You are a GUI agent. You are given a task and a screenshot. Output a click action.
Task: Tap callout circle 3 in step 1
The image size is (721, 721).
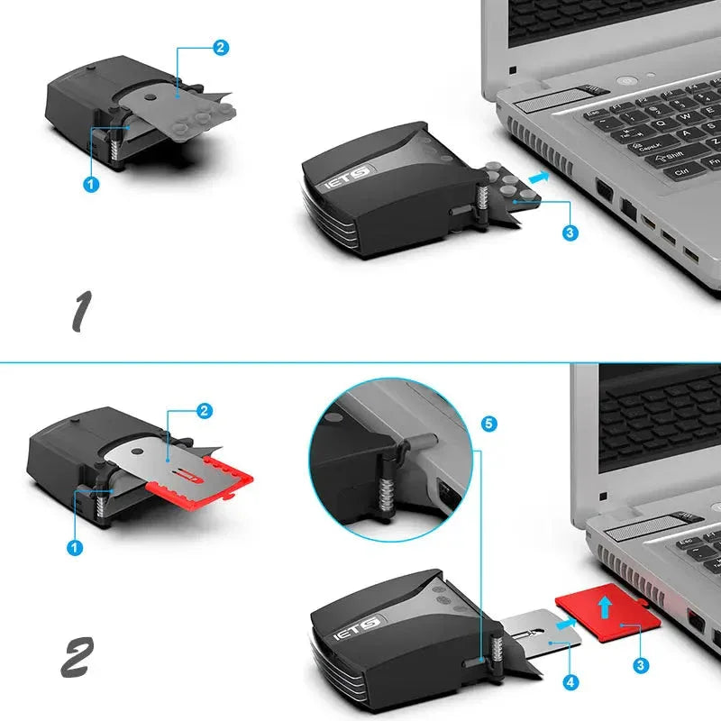[569, 233]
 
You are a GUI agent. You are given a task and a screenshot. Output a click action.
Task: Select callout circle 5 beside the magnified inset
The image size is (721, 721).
[488, 423]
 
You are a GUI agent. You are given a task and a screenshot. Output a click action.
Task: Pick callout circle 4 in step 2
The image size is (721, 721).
[569, 683]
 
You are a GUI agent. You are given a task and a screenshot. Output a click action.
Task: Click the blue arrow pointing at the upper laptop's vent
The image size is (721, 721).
[538, 178]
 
